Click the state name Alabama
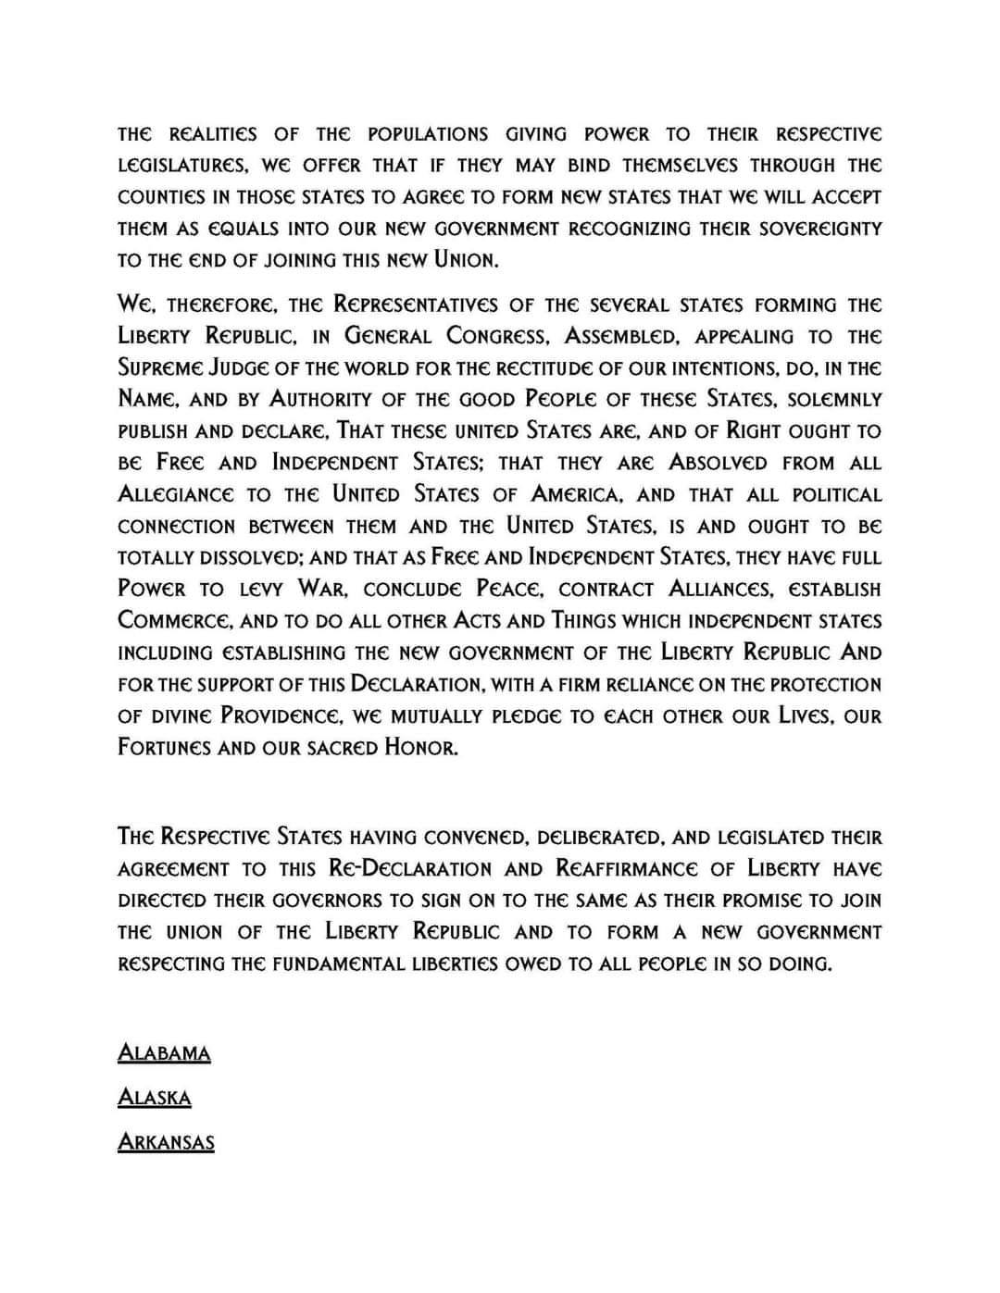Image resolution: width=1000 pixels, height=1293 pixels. pyautogui.click(x=164, y=1053)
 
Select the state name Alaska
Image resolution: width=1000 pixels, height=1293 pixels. pyautogui.click(x=155, y=1098)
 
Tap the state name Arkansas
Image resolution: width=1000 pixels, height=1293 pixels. pyautogui.click(x=166, y=1142)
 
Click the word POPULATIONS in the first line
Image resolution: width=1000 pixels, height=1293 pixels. pyautogui.click(x=428, y=134)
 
